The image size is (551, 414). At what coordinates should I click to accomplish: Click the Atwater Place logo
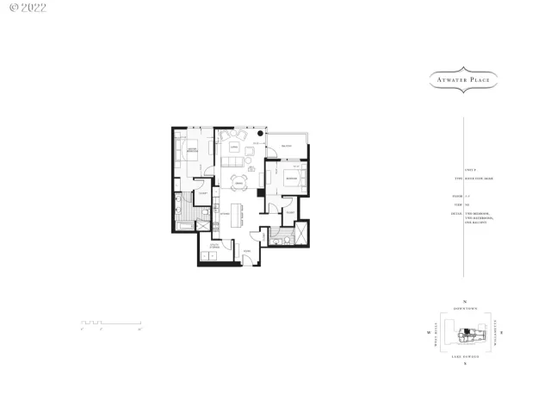pos(465,79)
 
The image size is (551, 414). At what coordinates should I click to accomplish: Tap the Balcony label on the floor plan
pos(287,146)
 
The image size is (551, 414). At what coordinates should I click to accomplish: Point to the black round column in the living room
pos(260,134)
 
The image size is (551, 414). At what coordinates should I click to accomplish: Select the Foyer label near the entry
pos(245,251)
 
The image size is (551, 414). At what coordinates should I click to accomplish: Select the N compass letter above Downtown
pos(465,301)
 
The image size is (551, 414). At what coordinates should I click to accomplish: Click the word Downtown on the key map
pos(465,308)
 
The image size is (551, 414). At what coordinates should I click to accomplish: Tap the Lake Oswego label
pos(465,355)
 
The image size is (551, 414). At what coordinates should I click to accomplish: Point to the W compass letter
pos(428,332)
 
